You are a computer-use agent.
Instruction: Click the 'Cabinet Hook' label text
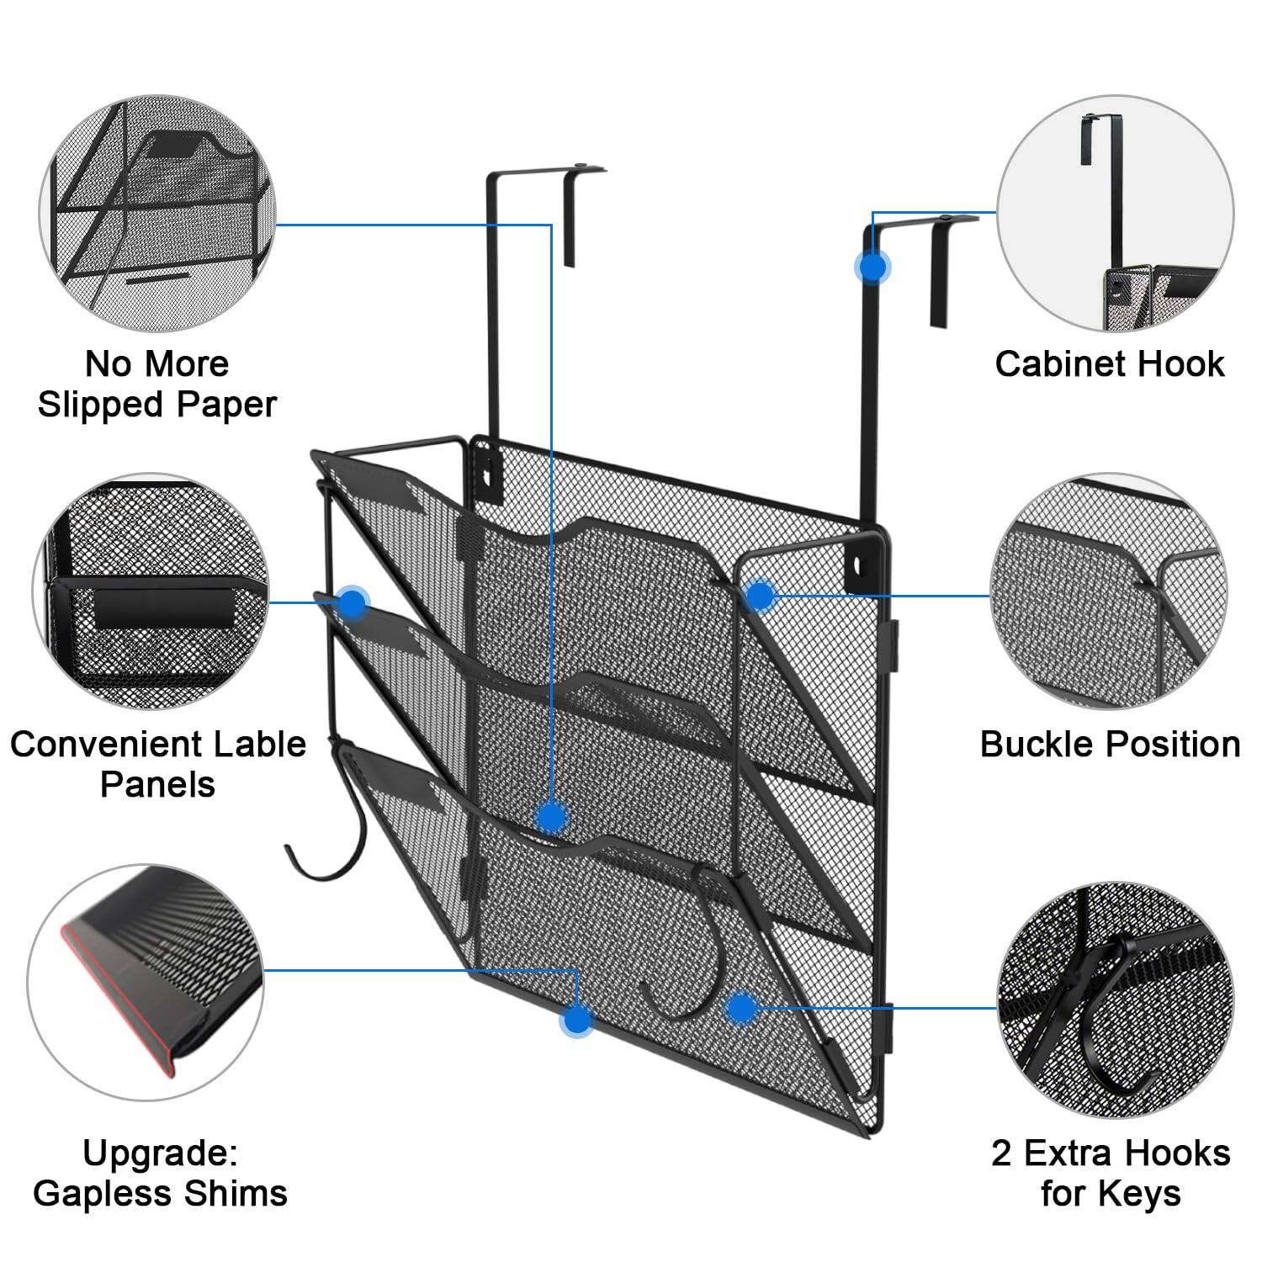[x=1109, y=364]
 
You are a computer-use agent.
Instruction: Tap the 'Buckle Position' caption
[x=1110, y=745]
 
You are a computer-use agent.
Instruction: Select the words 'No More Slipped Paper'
[x=157, y=384]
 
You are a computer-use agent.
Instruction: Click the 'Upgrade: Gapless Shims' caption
[x=160, y=1173]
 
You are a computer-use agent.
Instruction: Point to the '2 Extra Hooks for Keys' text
[x=1111, y=1173]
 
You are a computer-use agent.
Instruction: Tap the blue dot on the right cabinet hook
[x=872, y=267]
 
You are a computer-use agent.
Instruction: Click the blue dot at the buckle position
[x=760, y=596]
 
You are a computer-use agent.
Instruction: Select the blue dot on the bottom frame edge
[x=576, y=1019]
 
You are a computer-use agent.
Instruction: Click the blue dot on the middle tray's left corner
[x=353, y=602]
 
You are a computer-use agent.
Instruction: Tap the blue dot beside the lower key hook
[x=740, y=1007]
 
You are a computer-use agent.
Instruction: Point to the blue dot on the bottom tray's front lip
[x=551, y=815]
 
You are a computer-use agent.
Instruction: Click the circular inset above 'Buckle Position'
[x=1109, y=591]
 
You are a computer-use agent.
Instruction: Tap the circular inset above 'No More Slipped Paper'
[x=158, y=213]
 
